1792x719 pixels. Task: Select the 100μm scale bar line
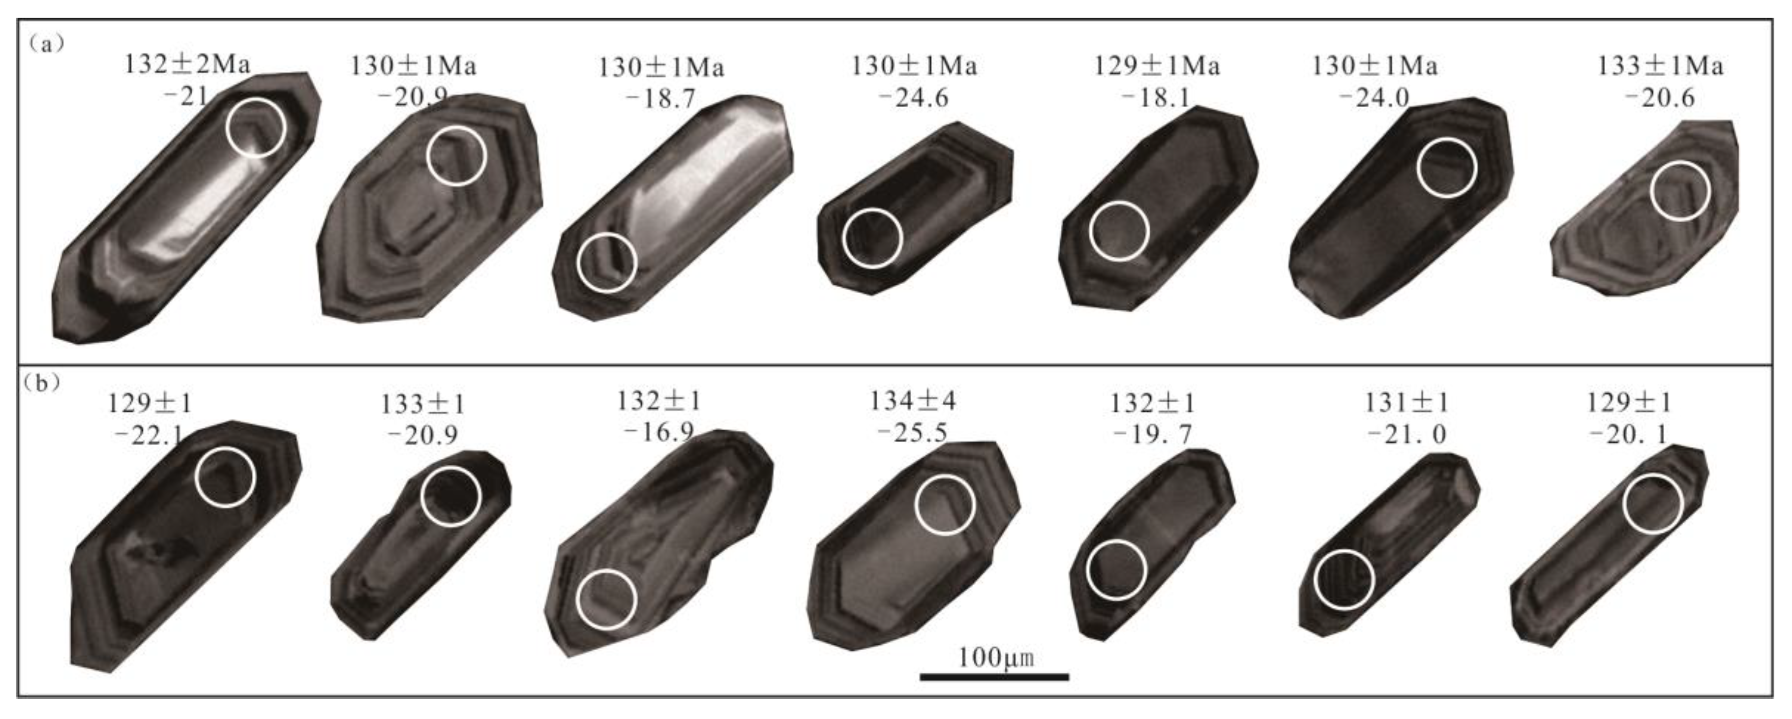pos(994,676)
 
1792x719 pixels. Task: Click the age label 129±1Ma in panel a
pos(1157,65)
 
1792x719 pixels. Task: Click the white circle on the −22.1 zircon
pos(225,477)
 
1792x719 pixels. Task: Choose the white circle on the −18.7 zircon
pos(607,262)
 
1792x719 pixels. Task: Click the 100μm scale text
pos(995,657)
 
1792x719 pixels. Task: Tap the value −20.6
pos(1659,97)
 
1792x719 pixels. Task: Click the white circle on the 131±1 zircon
pos(1344,579)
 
